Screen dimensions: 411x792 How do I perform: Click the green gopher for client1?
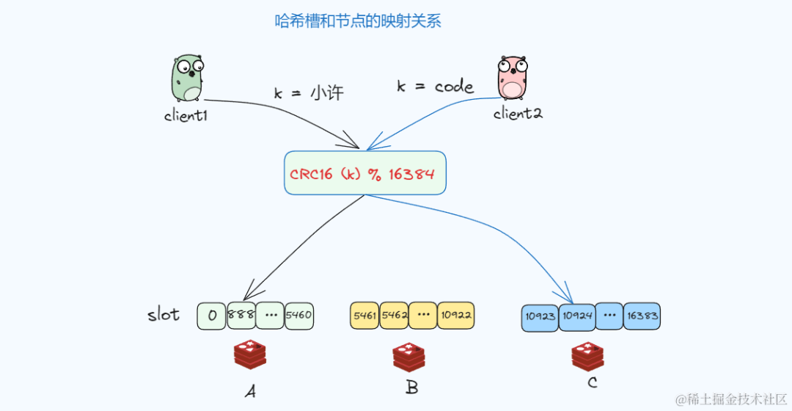pos(186,78)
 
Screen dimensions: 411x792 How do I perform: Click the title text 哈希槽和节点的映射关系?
pos(358,21)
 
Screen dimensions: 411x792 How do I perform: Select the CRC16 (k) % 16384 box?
pos(364,173)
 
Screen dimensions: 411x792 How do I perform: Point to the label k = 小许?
pos(309,93)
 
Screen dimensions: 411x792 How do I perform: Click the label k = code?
pos(435,87)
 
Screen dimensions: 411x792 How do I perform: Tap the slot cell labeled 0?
pos(211,316)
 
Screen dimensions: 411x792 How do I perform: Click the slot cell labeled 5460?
pos(299,316)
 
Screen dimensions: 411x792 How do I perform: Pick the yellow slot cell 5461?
pos(364,316)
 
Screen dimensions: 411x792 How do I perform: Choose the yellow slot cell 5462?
pos(394,316)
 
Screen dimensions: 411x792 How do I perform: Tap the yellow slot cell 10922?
pos(455,316)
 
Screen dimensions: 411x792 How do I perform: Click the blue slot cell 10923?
pos(540,317)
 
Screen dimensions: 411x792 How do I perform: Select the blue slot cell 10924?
pos(576,317)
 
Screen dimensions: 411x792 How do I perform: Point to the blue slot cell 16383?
pos(642,316)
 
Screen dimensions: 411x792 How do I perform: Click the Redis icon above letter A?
pos(250,355)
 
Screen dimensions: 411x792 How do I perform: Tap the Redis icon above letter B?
pos(408,357)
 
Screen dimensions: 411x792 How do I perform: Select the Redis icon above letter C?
pos(588,355)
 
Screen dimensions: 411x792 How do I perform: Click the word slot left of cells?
pos(163,315)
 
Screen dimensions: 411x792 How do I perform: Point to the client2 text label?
pos(518,113)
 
